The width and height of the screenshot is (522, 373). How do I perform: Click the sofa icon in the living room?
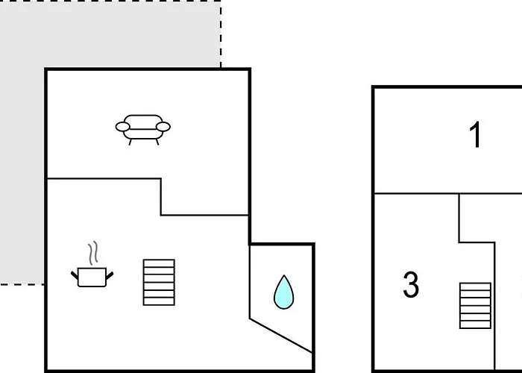[143, 130]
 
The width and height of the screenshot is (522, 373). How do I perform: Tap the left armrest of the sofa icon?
[122, 127]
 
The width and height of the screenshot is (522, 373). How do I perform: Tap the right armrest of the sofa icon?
[163, 127]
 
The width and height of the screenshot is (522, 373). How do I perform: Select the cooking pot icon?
[92, 277]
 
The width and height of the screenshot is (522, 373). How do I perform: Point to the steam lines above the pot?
[93, 253]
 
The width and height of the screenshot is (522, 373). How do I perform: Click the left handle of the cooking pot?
[75, 275]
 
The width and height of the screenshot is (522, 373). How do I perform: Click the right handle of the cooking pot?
[110, 275]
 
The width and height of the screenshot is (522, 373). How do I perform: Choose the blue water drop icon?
[283, 292]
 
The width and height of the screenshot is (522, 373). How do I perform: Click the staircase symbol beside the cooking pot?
[159, 283]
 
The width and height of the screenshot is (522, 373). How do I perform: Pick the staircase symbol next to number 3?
[475, 306]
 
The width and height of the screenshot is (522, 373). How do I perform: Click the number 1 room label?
[476, 134]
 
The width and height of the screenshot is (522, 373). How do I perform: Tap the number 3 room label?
[411, 284]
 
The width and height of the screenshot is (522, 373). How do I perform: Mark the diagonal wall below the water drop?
[281, 336]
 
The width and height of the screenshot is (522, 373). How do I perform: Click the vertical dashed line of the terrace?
[221, 34]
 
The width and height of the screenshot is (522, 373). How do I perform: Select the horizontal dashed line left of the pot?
[22, 284]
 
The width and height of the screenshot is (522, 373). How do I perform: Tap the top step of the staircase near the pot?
[159, 263]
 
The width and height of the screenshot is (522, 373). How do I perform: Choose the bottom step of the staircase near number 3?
[475, 325]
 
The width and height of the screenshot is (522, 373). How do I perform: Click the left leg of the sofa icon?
[130, 142]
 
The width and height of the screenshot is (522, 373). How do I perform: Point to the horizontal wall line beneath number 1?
[448, 193]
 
